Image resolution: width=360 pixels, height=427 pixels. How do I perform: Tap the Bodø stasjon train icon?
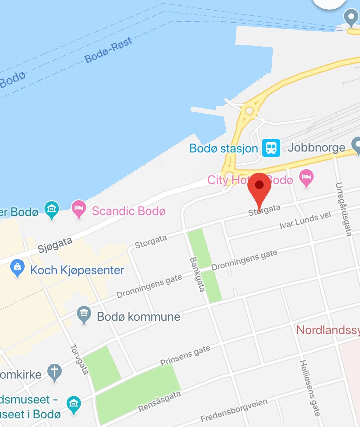[x=271, y=148]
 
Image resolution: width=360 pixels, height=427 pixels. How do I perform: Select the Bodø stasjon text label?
[x=223, y=148]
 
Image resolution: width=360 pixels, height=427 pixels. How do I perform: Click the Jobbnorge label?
[x=316, y=147]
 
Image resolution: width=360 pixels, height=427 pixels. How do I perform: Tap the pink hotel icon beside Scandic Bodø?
[x=79, y=208]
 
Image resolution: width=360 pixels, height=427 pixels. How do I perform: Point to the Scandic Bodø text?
[x=129, y=211]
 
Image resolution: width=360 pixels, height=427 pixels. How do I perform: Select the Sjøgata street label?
[x=55, y=245]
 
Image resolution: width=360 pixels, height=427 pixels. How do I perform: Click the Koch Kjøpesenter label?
[x=77, y=270]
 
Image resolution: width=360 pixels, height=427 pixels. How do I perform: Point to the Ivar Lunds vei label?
[x=305, y=220]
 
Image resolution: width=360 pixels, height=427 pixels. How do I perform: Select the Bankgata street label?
[x=197, y=274]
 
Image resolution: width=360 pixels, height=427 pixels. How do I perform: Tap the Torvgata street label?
[x=79, y=359]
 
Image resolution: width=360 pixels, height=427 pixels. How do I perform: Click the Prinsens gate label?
[x=185, y=355]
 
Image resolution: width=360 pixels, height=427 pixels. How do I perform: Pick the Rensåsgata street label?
[x=159, y=401]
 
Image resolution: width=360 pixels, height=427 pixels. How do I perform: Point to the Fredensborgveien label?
[x=234, y=410]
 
